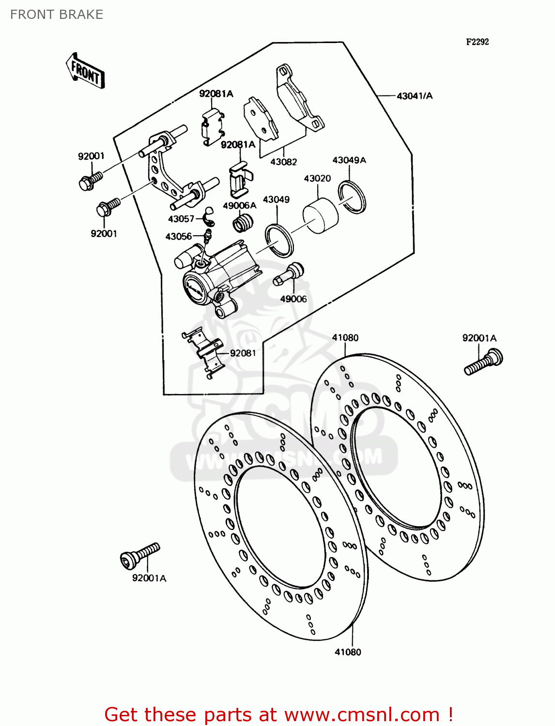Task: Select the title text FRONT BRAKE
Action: pos(57,15)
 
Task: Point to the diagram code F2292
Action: pos(477,42)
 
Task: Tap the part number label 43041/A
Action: pos(415,96)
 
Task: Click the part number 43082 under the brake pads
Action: pos(283,162)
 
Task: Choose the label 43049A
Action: pos(349,160)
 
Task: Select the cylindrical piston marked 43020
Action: pos(320,215)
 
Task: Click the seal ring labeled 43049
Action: pos(279,241)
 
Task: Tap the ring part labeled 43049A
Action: pos(352,196)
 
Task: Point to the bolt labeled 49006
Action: pos(289,275)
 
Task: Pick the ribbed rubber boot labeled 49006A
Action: pos(243,224)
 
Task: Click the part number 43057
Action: pos(181,219)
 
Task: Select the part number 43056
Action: pos(179,236)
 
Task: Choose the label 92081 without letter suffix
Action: pos(243,353)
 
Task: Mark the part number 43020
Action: pos(317,179)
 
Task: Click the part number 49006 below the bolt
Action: pos(293,299)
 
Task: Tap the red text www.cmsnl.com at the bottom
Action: pos(361,714)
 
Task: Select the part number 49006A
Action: pos(239,206)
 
